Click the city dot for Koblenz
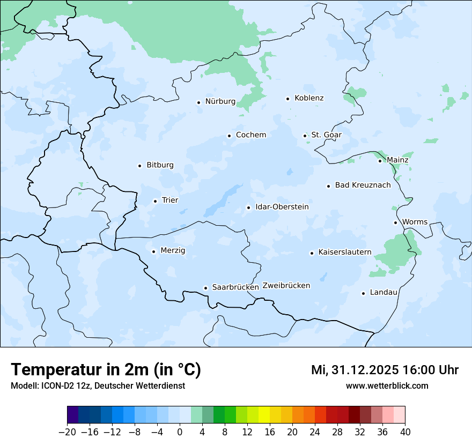point(288,99)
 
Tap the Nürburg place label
point(220,101)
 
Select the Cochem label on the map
point(251,135)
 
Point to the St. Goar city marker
point(305,136)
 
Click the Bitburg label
point(160,165)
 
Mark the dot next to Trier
point(156,201)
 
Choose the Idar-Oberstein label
point(282,207)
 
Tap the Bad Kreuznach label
point(363,185)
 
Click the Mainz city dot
point(380,161)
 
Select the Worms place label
point(415,222)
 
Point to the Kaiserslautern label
point(345,252)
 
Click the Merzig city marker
point(154,251)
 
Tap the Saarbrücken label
point(235,287)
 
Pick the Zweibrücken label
point(286,286)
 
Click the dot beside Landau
point(364,293)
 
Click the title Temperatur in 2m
point(106,370)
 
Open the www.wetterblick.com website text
point(387,385)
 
